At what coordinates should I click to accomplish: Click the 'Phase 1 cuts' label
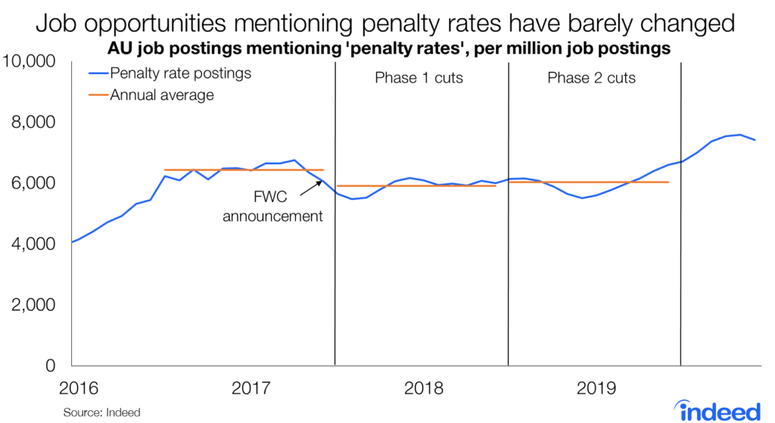[x=419, y=78]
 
